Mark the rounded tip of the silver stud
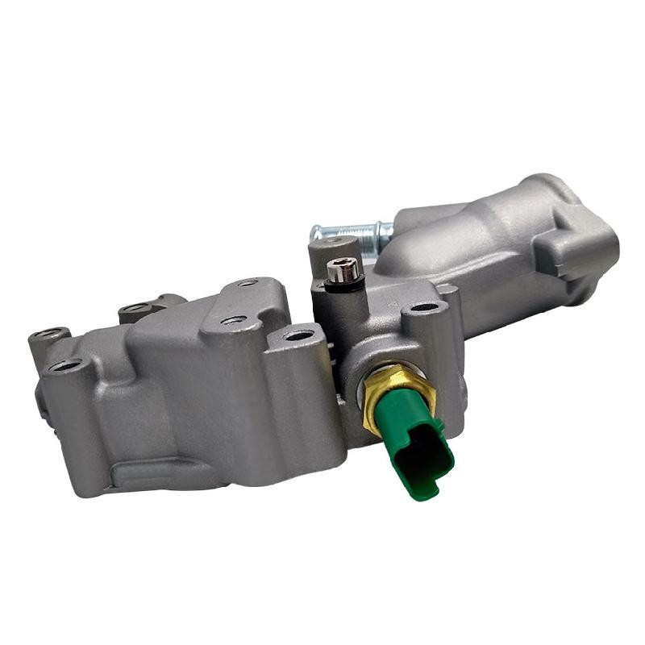tap(315, 233)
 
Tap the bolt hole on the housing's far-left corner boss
tap(50, 333)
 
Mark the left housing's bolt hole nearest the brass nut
tap(299, 335)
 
